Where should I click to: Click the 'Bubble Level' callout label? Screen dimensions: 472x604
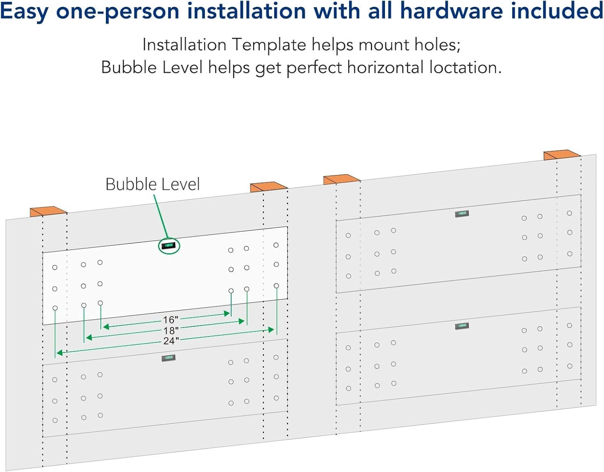coord(152,184)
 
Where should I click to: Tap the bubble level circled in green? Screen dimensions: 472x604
coord(168,245)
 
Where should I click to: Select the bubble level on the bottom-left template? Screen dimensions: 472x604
coord(169,358)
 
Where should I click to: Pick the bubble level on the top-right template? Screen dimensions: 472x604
coord(462,214)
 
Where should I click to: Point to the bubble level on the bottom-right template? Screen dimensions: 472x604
coord(462,326)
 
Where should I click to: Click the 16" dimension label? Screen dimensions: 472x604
coord(170,320)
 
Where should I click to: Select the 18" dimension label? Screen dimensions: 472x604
coord(171,330)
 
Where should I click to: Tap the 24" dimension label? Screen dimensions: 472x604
coord(171,341)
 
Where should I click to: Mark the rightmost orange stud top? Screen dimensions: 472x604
coord(562,155)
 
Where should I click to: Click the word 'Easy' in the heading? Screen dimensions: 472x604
coord(25,11)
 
